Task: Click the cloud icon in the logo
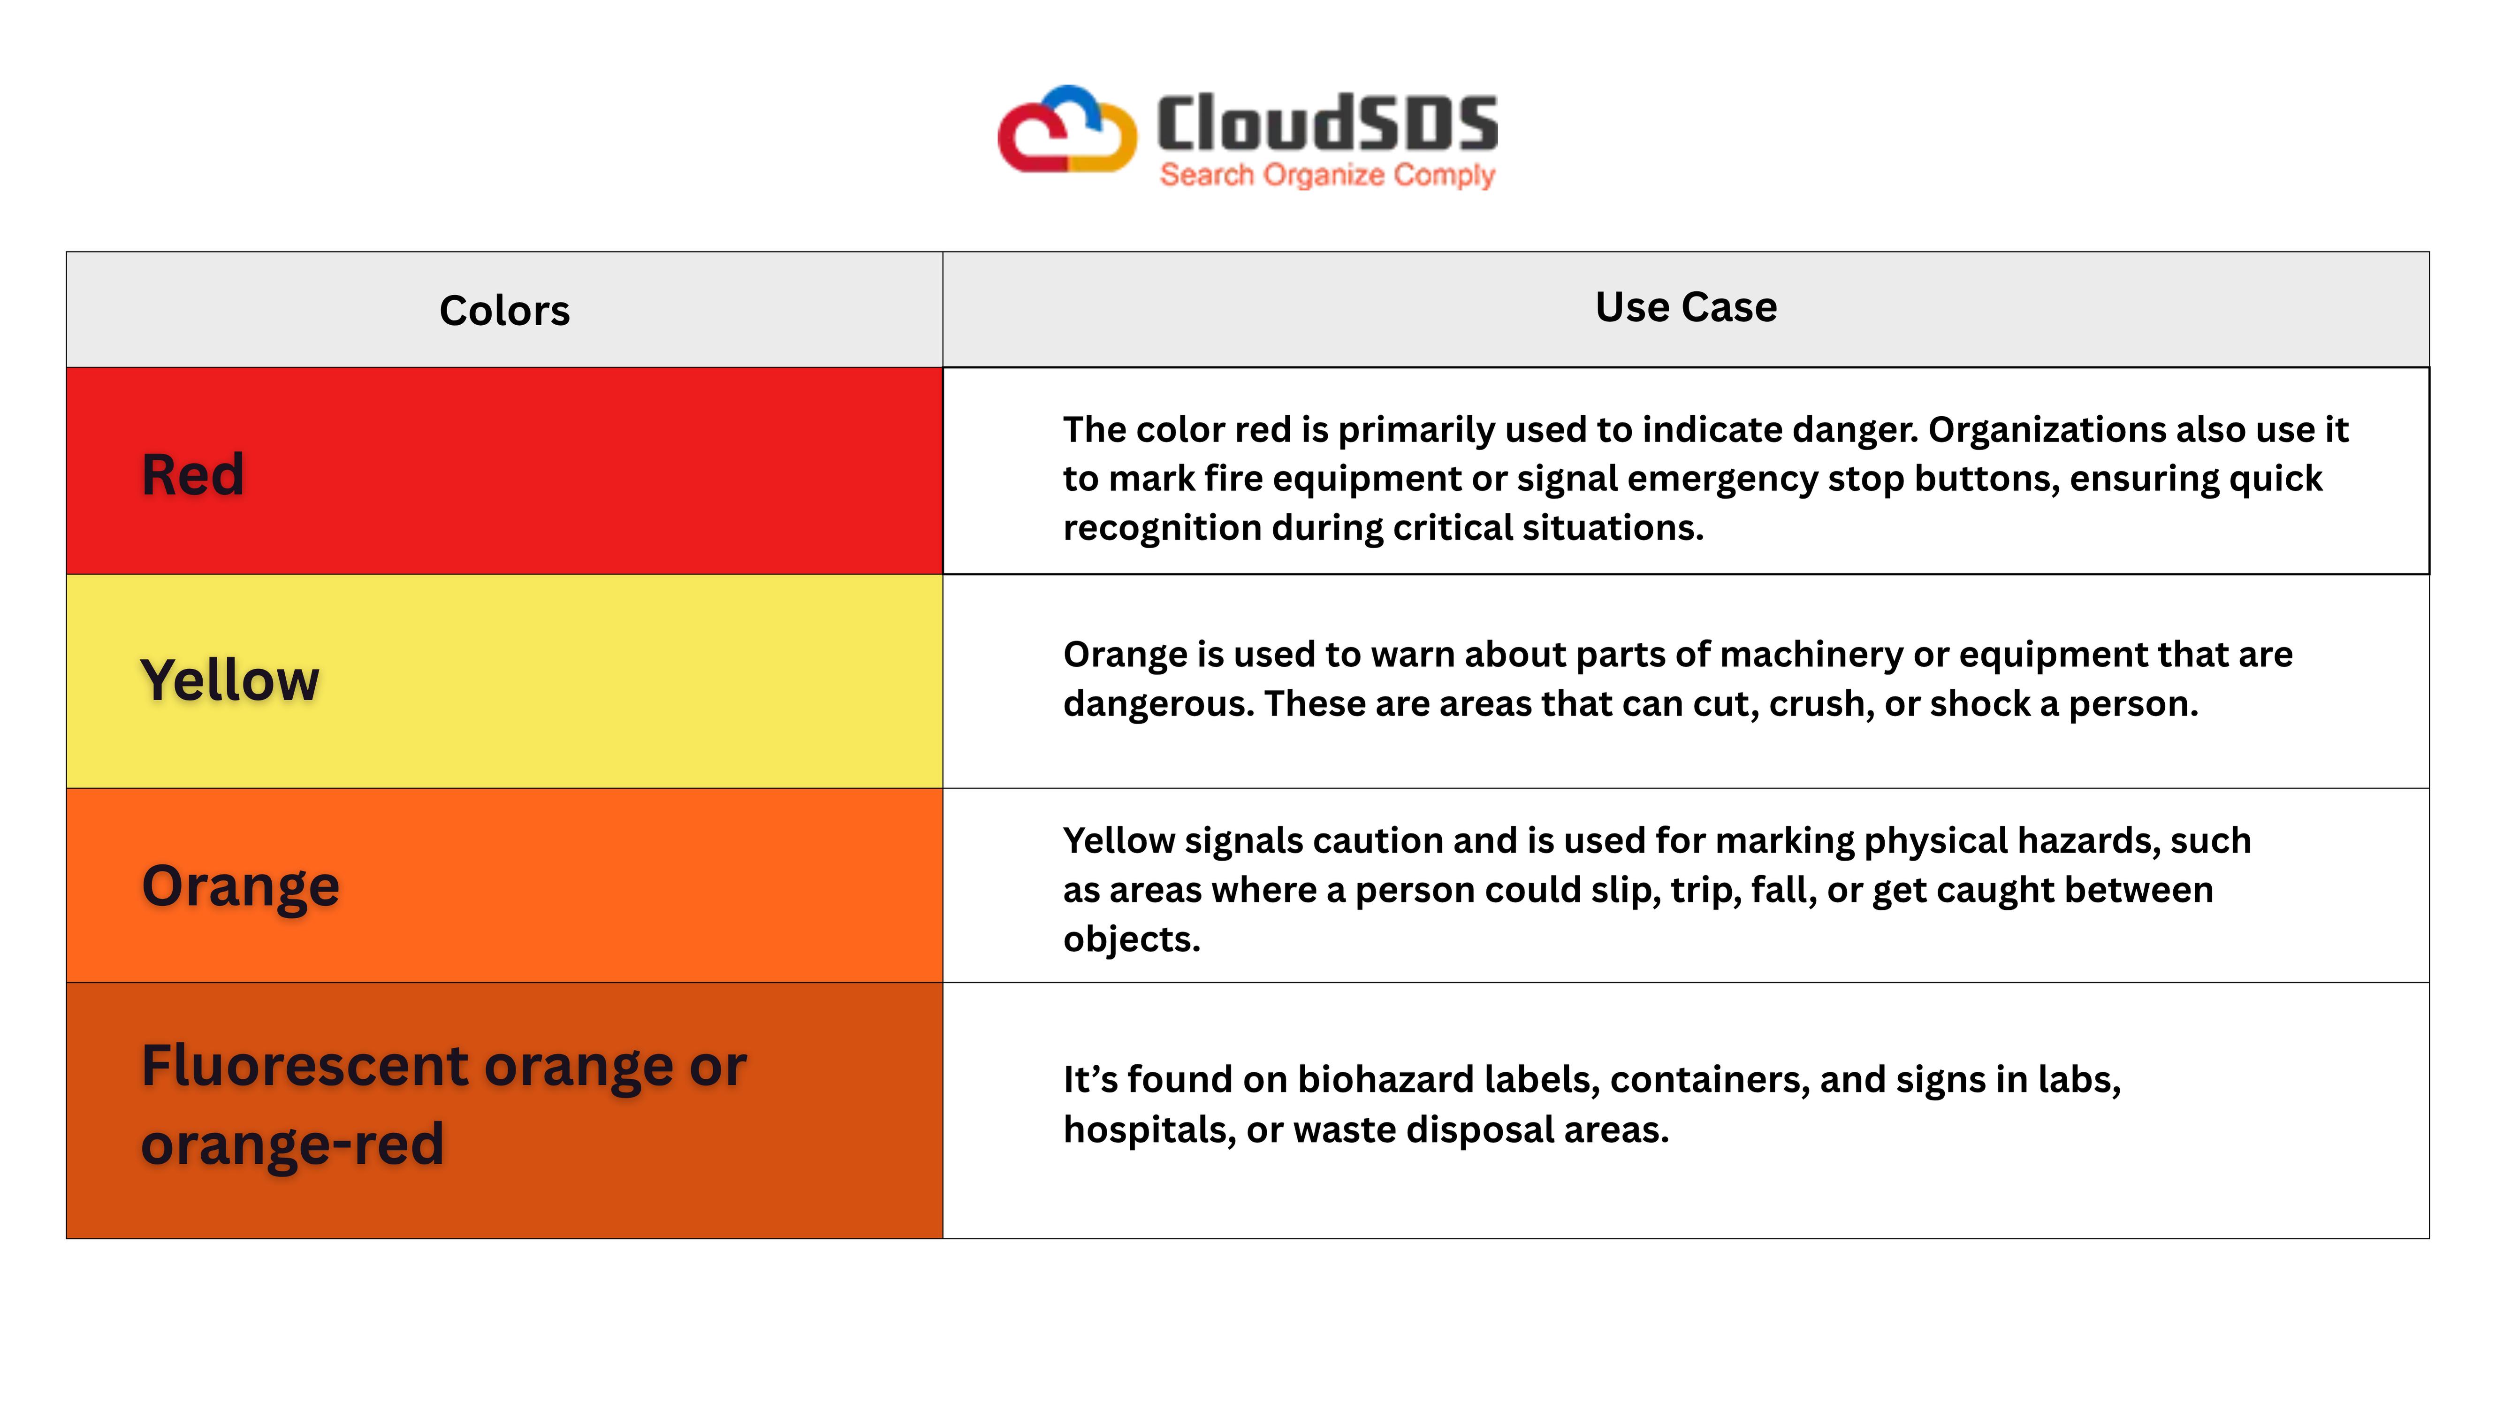pos(1067,130)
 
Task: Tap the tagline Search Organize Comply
pos(1327,175)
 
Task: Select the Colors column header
pos(505,310)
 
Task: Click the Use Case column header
pos(1686,307)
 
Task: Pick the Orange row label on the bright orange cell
pos(240,886)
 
